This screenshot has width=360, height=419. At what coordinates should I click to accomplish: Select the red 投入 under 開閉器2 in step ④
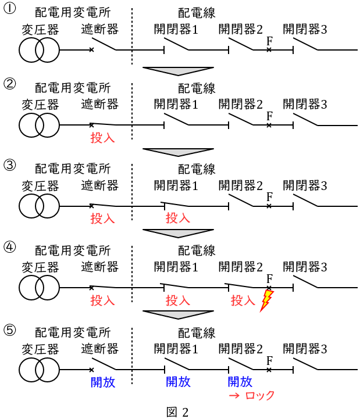coord(243,300)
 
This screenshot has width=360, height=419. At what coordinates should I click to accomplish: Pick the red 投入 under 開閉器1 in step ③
coord(178,219)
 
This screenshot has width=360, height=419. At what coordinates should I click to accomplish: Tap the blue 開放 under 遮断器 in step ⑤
coord(103,382)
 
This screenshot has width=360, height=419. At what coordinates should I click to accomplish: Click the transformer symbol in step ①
coord(39,50)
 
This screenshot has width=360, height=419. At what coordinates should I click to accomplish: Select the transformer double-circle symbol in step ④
coord(39,287)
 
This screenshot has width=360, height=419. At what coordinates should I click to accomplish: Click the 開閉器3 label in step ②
coord(305,104)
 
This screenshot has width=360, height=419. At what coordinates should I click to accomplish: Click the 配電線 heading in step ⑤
coord(197,333)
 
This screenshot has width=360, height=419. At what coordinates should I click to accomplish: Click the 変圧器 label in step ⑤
coord(41,349)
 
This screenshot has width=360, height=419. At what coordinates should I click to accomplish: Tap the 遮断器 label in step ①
coord(100,28)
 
